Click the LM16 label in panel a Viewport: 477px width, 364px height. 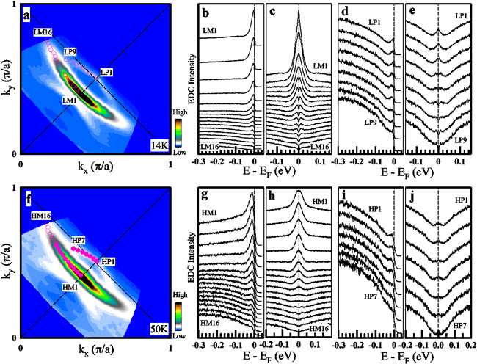point(43,33)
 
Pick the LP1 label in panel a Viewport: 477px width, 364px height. point(107,72)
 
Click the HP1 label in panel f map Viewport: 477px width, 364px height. point(108,261)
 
